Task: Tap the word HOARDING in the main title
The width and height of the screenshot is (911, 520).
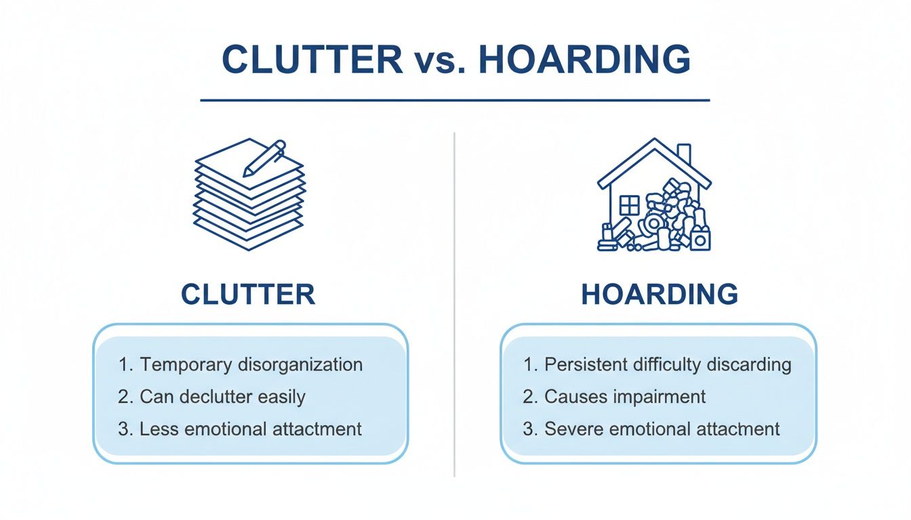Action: point(584,60)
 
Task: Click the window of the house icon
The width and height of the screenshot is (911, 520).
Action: point(630,205)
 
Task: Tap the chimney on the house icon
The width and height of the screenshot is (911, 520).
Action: point(684,154)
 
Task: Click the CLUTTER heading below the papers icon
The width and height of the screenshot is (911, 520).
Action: point(248,295)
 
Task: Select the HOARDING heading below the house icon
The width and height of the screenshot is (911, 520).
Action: point(660,295)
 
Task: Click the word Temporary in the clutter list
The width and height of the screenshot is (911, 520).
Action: point(186,364)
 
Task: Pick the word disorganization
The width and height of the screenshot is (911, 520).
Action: point(300,364)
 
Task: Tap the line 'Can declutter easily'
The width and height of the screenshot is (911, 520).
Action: point(221,396)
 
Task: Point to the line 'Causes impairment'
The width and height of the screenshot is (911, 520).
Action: point(624,396)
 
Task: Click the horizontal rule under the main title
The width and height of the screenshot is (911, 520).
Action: point(455,100)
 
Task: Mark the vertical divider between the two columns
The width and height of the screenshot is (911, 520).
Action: point(454,305)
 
